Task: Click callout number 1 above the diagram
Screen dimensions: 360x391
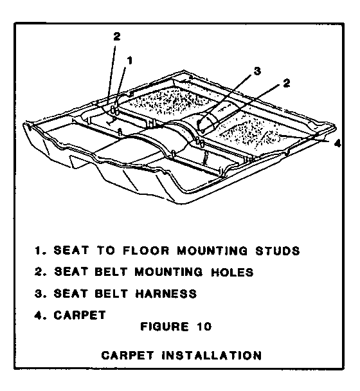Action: (130, 60)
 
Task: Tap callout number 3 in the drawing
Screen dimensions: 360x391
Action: (257, 71)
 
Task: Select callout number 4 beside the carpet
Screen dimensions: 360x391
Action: (337, 143)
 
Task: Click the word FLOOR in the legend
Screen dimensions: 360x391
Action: (146, 250)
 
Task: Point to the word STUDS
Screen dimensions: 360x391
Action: (278, 251)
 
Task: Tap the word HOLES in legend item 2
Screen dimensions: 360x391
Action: (232, 272)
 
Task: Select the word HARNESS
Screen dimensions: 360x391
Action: (166, 293)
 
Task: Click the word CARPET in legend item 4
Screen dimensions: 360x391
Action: (80, 315)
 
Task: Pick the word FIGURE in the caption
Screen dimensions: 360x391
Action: (165, 327)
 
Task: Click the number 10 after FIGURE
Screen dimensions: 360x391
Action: (204, 327)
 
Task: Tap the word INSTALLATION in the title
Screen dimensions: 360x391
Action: (212, 356)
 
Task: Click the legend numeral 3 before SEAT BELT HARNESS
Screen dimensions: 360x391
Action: (38, 293)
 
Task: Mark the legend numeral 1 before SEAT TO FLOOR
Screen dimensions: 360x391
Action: (38, 250)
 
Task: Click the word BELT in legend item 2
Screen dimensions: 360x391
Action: (111, 272)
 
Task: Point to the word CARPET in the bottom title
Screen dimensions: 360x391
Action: (127, 356)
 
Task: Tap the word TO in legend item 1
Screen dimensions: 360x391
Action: (106, 250)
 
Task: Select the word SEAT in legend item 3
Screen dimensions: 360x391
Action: (71, 293)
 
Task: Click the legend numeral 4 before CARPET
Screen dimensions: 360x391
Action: (38, 315)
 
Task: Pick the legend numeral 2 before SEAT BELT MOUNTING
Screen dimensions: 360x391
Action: (38, 272)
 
